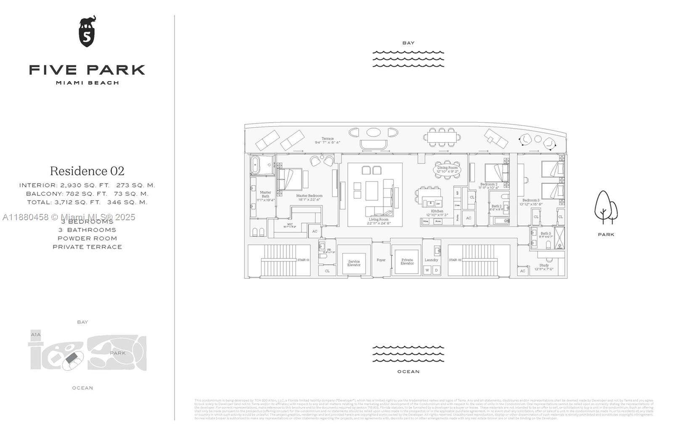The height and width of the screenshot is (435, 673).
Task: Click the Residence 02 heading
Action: click(87, 171)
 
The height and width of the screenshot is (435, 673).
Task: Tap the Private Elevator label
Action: click(407, 261)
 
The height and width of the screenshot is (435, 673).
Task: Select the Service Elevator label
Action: click(354, 263)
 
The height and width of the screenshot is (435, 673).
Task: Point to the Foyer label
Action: click(381, 260)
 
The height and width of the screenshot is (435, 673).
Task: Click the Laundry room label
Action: click(431, 260)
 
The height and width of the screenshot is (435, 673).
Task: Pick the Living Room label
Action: click(379, 219)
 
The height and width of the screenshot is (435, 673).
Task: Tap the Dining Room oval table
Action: click(447, 169)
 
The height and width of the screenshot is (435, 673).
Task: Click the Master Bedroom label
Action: click(309, 196)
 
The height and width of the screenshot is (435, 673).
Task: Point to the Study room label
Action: click(544, 266)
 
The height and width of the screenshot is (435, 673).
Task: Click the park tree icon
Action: click(606, 207)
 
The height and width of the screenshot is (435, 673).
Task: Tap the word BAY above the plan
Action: click(408, 43)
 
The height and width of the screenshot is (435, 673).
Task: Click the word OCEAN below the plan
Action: click(408, 372)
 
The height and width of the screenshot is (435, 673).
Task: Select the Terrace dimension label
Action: click(327, 140)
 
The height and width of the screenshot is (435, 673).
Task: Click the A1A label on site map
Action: click(36, 335)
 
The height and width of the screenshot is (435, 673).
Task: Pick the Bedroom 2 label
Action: click(489, 185)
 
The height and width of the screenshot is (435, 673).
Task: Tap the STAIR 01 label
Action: click(303, 260)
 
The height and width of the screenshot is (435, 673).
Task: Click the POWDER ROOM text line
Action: click(87, 238)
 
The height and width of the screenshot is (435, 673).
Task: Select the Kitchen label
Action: click(437, 211)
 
